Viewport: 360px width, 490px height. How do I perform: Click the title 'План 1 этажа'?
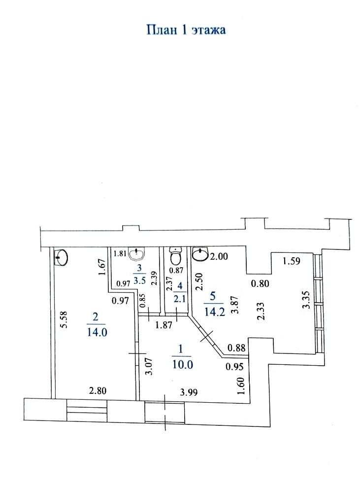(186, 30)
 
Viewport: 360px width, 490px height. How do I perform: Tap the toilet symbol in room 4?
(175, 255)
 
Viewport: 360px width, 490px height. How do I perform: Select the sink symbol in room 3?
(137, 254)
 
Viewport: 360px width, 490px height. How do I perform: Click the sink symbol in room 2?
(61, 257)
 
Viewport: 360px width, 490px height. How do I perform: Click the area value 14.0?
(97, 332)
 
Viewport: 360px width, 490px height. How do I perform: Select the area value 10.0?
(183, 364)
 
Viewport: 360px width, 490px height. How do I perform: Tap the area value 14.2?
(215, 312)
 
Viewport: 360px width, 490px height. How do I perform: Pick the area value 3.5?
(139, 280)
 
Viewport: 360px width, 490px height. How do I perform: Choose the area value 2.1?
(180, 299)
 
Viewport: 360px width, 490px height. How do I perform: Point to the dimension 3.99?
(189, 392)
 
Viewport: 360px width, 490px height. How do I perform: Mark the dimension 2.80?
(98, 390)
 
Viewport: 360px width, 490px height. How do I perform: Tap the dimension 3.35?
(307, 300)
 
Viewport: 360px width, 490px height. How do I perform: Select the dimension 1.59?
(292, 261)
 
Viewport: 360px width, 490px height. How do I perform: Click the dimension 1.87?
(164, 325)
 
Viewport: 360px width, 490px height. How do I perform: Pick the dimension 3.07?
(149, 367)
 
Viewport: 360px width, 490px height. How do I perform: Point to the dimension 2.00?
(219, 256)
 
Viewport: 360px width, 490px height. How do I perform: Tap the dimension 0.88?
(236, 348)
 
